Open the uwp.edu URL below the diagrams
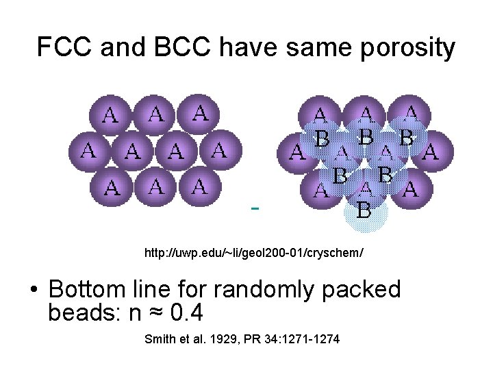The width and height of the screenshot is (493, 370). point(253,254)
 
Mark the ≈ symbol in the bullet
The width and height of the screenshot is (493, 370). point(157,314)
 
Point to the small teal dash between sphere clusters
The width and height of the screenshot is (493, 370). point(255,207)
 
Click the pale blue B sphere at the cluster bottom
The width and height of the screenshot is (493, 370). point(365,210)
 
